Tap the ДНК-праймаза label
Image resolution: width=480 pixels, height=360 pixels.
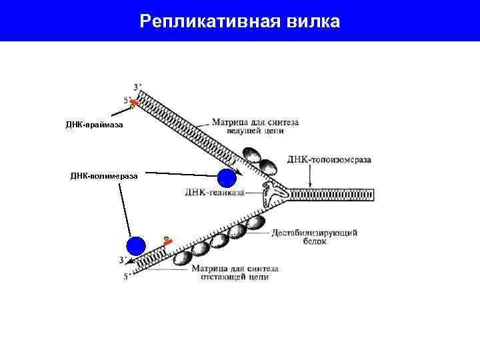94,125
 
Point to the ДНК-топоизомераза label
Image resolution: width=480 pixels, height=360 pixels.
329,160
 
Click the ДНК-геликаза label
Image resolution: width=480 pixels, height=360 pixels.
213,193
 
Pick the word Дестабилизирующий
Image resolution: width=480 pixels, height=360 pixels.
315,233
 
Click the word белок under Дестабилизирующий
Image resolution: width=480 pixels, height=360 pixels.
315,242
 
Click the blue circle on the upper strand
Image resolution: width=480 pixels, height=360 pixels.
227,178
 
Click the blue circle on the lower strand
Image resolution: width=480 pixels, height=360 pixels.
136,246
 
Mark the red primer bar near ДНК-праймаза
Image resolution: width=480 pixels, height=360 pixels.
135,103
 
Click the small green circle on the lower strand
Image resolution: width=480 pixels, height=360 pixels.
166,238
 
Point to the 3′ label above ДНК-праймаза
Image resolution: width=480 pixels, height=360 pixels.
137,87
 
